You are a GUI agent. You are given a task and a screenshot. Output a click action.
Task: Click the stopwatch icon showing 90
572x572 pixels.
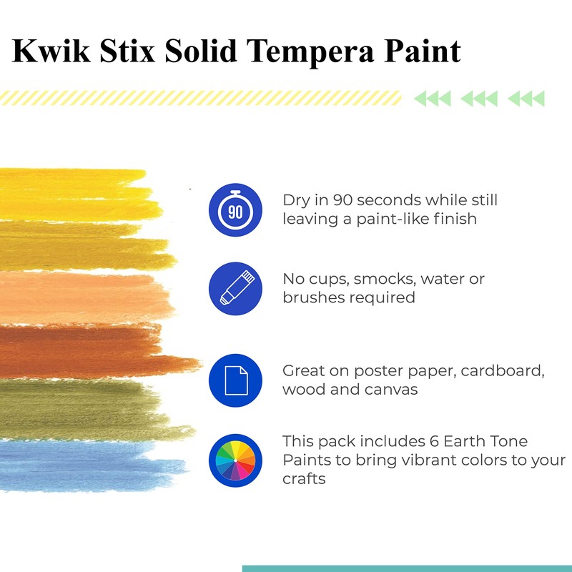tap(235, 210)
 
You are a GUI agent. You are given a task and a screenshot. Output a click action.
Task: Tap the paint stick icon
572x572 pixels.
tap(235, 289)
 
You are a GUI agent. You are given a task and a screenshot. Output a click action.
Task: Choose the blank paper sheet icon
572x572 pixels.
tap(235, 380)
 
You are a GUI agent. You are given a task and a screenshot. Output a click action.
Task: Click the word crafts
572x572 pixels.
tap(304, 478)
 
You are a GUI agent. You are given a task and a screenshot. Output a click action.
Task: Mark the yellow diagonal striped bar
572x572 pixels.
tap(200, 98)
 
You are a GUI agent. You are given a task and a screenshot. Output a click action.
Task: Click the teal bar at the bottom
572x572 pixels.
tap(407, 568)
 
